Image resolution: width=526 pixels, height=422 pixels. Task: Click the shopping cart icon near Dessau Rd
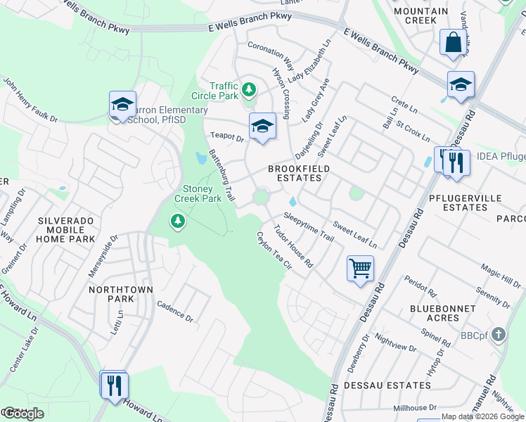click(360, 268)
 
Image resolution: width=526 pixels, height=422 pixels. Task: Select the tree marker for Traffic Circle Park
click(248, 89)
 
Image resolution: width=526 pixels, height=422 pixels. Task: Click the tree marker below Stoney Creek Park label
click(178, 222)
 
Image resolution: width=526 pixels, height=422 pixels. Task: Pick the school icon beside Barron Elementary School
click(122, 105)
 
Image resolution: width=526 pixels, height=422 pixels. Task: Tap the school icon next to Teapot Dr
click(262, 127)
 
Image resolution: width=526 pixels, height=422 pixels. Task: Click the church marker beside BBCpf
click(498, 335)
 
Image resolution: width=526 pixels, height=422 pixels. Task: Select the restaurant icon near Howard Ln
click(113, 385)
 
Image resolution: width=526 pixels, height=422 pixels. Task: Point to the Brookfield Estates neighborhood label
click(295, 173)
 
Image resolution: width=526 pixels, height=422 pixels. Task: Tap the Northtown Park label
click(111, 295)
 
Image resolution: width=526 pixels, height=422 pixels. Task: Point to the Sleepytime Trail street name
click(309, 228)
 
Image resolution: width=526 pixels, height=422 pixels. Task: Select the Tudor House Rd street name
click(293, 246)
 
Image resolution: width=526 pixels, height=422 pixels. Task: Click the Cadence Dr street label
click(175, 312)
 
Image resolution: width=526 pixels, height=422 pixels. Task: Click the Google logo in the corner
click(23, 414)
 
